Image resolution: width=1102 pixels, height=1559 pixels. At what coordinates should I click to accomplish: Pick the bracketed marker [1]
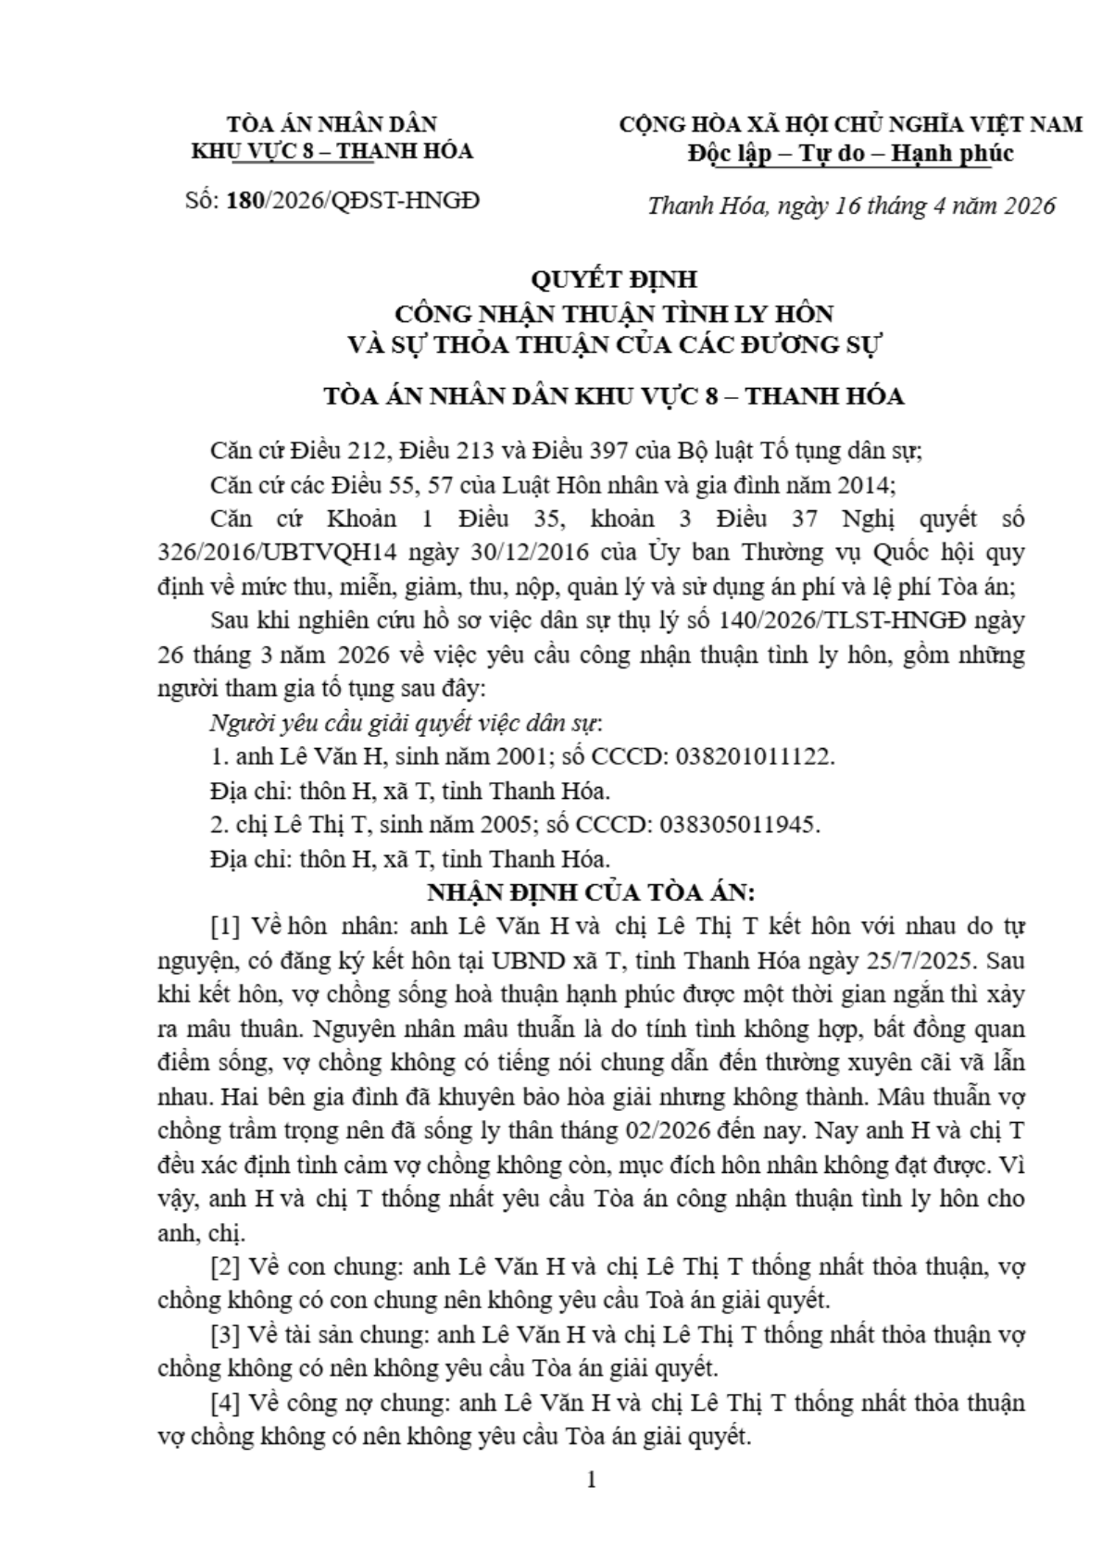[x=226, y=926]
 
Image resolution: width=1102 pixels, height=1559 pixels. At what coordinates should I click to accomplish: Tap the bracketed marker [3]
[x=226, y=1334]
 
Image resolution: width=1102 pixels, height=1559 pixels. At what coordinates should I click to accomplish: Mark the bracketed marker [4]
[x=226, y=1403]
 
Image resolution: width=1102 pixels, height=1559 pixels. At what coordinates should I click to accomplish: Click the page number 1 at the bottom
[x=592, y=1478]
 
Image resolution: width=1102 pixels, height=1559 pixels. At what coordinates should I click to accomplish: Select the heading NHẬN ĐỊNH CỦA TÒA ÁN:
[x=592, y=892]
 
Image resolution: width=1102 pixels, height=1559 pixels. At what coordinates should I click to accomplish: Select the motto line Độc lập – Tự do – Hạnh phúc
[x=849, y=153]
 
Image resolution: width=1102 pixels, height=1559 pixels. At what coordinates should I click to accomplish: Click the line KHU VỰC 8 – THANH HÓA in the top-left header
[x=331, y=151]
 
